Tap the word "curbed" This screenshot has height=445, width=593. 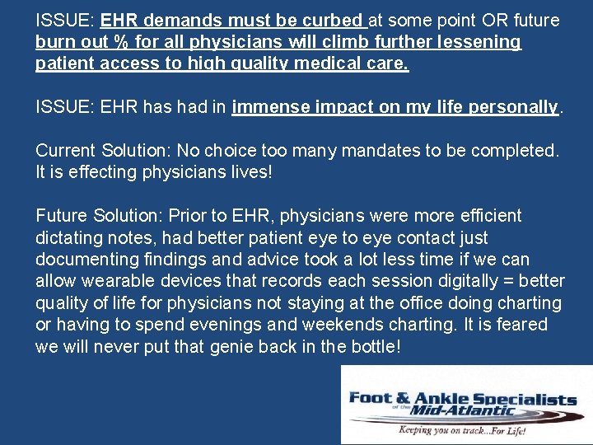334,20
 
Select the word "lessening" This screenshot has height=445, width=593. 480,42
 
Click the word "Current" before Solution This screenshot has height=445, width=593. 66,151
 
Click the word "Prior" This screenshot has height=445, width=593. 186,216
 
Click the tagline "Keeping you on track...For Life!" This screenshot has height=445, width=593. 465,430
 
